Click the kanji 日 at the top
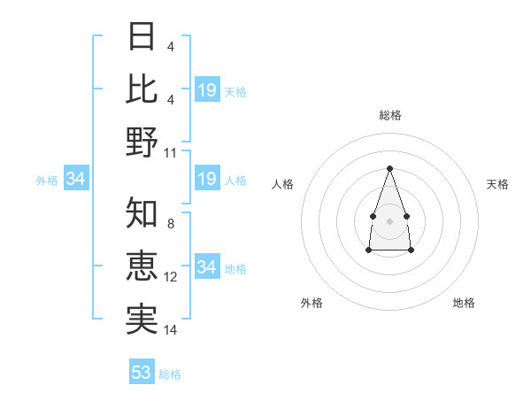click(x=142, y=36)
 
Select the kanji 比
click(x=142, y=89)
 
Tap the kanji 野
click(x=142, y=142)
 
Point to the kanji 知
click(x=142, y=212)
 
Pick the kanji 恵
click(x=142, y=266)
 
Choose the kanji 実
click(x=142, y=320)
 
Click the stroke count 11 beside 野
click(x=170, y=153)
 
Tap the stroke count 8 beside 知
click(x=171, y=224)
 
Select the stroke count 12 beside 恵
click(x=170, y=277)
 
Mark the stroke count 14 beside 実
click(x=170, y=330)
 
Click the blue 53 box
click(x=142, y=371)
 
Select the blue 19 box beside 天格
click(x=207, y=89)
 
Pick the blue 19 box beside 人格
click(x=207, y=178)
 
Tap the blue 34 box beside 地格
click(x=207, y=266)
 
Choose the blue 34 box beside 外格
click(x=76, y=178)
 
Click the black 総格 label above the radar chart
click(x=390, y=115)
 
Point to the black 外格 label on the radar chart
click(x=312, y=303)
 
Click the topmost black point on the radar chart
click(x=389, y=168)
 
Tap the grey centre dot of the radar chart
click(x=389, y=221)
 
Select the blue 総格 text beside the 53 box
click(x=170, y=374)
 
